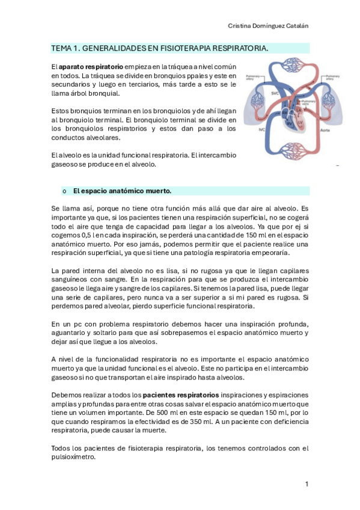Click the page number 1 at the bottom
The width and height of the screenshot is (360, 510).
coord(307,484)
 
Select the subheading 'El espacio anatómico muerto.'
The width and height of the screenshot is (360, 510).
coord(122,191)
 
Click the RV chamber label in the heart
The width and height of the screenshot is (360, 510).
coord(288,123)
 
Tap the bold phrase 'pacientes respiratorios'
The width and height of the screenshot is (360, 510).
coord(181,395)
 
